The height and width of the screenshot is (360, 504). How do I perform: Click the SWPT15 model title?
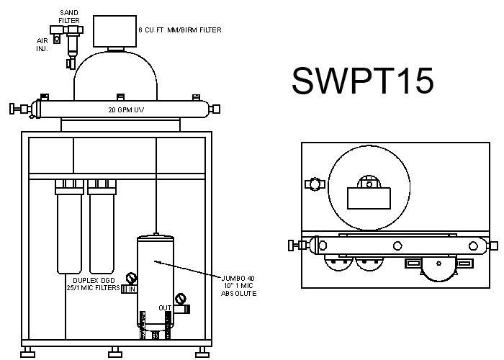click(363, 81)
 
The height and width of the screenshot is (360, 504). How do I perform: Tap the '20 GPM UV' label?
click(126, 110)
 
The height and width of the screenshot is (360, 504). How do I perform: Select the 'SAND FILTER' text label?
click(69, 17)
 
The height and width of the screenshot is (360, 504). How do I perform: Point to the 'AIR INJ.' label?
click(42, 45)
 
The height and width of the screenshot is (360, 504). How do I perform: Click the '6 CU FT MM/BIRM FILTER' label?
click(180, 30)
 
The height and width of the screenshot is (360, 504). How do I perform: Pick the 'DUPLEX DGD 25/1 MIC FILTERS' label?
click(93, 284)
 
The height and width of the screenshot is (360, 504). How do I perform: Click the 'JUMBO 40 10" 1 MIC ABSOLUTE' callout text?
click(238, 286)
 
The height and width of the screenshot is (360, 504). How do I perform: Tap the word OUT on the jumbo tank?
click(165, 308)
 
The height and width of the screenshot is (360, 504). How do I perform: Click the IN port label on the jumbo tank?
click(132, 289)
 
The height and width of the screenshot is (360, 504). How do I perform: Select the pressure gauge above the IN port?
click(131, 278)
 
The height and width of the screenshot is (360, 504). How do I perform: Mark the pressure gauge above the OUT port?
click(180, 299)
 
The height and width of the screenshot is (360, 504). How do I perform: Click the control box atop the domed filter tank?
click(114, 31)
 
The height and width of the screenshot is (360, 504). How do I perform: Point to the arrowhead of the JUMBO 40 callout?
click(156, 261)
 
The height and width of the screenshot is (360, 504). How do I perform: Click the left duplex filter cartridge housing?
click(69, 227)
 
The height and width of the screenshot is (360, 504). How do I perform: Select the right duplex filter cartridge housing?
click(102, 227)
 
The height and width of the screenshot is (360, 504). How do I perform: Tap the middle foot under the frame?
click(115, 352)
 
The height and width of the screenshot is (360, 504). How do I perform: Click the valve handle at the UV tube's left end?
click(12, 109)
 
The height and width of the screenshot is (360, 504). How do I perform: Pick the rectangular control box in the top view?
click(369, 198)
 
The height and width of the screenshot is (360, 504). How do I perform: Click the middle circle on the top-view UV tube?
click(397, 246)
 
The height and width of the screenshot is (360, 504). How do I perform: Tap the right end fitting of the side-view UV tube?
click(215, 109)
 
